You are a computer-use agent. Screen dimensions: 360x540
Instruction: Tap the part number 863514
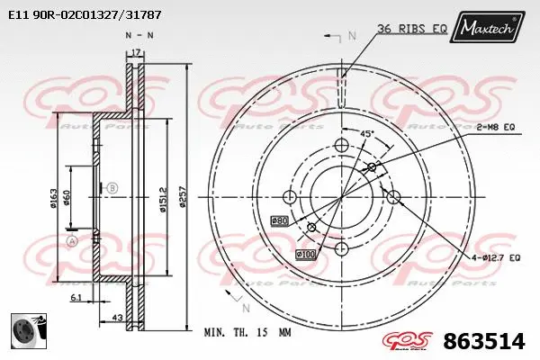click(x=483, y=341)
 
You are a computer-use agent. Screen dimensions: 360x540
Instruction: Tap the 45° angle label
click(x=367, y=133)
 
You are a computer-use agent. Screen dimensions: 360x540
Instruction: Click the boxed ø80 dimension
click(x=279, y=219)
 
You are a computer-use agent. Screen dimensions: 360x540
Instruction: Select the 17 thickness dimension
click(x=137, y=52)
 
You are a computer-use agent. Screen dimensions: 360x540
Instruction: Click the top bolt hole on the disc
click(x=341, y=146)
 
